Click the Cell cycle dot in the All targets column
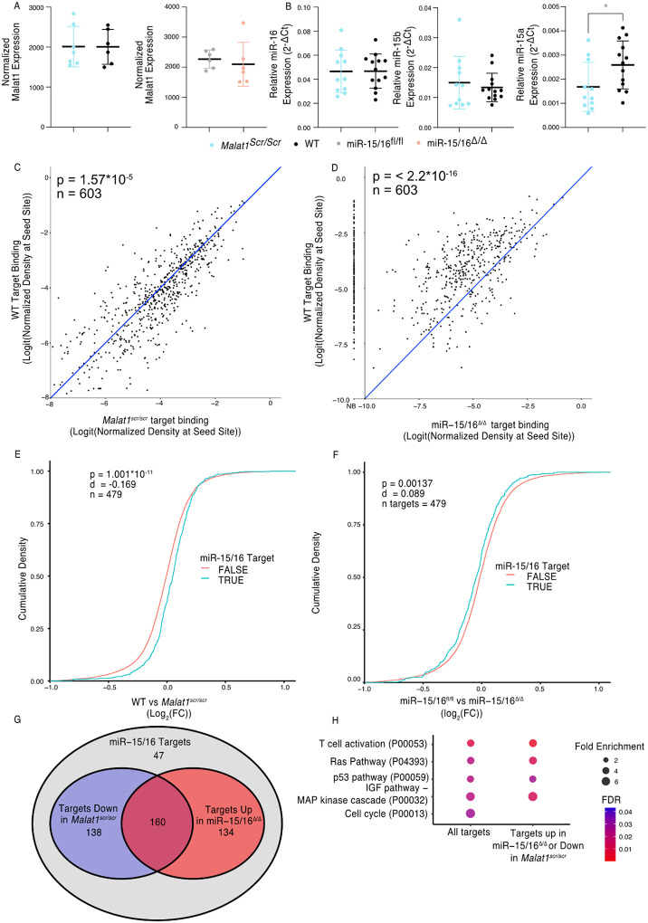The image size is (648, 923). pyautogui.click(x=472, y=814)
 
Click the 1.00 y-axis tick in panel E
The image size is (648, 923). pyautogui.click(x=38, y=471)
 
